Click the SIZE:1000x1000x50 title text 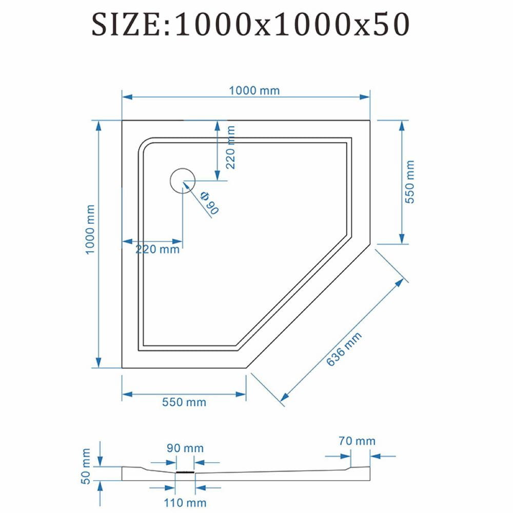250,25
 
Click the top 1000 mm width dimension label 254,91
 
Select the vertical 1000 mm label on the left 90,229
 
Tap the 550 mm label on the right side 409,182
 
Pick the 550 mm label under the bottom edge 184,402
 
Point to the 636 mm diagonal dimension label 344,349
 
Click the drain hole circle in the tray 183,181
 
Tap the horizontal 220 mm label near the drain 157,250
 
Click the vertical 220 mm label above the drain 231,147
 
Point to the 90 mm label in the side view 185,448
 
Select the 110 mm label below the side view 185,503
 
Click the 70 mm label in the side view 357,441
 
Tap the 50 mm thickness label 85,466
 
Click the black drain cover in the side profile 185,472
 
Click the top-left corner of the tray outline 122,121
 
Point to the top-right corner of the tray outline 370,121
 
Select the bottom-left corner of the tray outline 122,368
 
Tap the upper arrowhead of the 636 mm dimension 400,282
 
